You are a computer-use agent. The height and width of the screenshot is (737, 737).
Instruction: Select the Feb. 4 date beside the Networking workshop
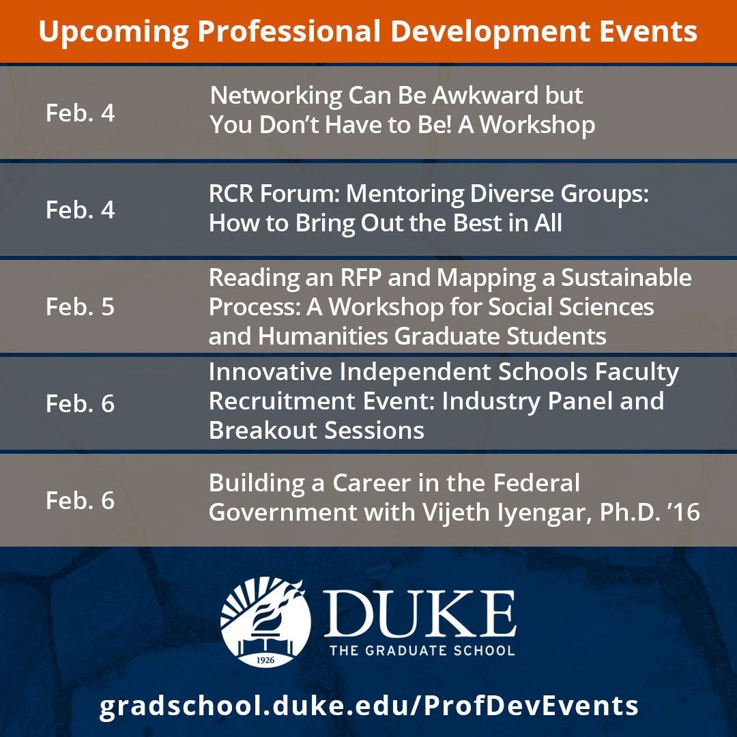pos(81,113)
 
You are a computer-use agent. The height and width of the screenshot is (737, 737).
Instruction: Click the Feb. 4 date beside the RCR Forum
pos(81,209)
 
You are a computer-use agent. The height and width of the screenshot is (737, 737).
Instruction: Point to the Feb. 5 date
pos(81,306)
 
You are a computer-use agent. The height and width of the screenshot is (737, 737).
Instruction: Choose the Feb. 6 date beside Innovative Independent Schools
pos(81,403)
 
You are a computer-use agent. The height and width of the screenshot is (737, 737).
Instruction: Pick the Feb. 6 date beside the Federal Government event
pos(81,500)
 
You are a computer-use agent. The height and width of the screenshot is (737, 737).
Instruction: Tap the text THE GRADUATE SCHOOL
pos(421,650)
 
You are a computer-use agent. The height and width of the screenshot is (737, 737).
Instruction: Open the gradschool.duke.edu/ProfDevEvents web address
pos(369,705)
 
